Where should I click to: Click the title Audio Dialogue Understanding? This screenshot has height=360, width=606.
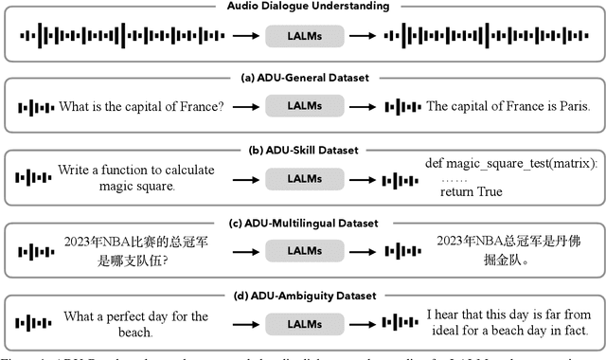(x=302, y=7)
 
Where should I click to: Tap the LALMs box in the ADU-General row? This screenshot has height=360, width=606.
(x=303, y=106)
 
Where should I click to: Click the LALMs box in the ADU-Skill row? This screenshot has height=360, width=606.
(x=303, y=179)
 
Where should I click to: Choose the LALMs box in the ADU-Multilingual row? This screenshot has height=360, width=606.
(x=303, y=251)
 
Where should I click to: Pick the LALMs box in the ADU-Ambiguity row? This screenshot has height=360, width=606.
(x=303, y=322)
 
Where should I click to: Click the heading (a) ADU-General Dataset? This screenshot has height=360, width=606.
(x=302, y=79)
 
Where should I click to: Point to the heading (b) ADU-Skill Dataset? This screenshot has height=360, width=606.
(x=302, y=151)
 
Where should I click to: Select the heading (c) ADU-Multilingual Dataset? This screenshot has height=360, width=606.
(x=302, y=223)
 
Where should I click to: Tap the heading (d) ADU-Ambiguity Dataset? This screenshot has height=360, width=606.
(x=302, y=295)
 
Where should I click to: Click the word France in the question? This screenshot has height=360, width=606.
(x=201, y=106)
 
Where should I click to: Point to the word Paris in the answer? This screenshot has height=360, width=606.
(x=571, y=106)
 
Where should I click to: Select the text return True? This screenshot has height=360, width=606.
(x=471, y=192)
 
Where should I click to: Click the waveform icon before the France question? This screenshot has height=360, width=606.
(x=35, y=106)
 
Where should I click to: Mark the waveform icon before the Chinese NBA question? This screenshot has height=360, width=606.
(x=35, y=251)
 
